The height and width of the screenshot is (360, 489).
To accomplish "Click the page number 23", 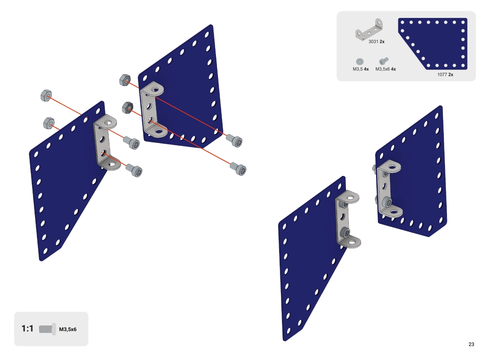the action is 471,344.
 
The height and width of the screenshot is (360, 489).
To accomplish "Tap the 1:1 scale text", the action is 28,329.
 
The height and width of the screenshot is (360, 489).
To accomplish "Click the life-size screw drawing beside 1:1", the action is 47,329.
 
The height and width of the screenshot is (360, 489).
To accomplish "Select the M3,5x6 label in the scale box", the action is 68,329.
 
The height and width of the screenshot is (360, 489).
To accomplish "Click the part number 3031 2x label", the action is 377,42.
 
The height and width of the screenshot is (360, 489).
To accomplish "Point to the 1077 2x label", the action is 445,75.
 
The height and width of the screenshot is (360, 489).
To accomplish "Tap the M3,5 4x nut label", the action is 361,69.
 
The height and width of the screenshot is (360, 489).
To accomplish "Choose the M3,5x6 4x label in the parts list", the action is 385,69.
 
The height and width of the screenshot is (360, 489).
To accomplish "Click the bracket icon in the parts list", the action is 369,29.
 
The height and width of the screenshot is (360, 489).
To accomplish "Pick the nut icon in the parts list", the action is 359,61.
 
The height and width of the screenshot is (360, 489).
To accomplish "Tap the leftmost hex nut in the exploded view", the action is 46,96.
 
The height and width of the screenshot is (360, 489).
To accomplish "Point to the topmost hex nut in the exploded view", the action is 125,80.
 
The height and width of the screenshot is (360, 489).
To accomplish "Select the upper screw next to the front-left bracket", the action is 132,143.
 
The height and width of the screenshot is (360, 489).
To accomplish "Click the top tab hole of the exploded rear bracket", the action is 155,89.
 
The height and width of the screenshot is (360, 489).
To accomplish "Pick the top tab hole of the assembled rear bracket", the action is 392,167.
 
